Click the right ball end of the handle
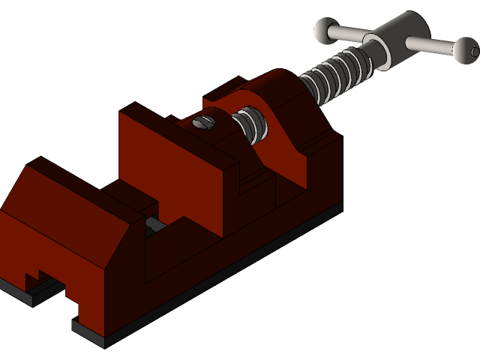pyautogui.click(x=466, y=51)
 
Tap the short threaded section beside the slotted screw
pyautogui.click(x=250, y=124)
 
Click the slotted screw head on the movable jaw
pyautogui.click(x=204, y=121)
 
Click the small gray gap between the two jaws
pyautogui.click(x=157, y=223)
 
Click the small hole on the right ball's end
pyautogui.click(x=475, y=52)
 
